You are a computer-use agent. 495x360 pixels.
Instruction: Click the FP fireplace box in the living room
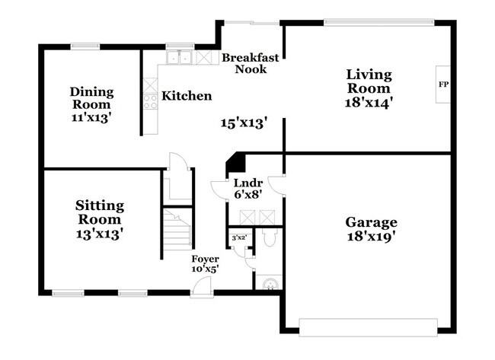tap(442, 84)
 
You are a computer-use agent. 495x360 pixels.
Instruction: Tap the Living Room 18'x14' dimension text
tap(369, 101)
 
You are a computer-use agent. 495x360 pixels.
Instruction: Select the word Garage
tap(372, 222)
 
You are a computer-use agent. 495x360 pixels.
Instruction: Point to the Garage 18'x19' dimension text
tap(372, 236)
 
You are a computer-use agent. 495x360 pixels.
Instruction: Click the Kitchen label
tap(187, 97)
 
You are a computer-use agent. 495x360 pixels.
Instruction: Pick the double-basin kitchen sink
tap(180, 57)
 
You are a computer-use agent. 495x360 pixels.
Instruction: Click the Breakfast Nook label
tap(250, 63)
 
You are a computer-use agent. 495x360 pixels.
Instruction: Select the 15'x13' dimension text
tap(244, 122)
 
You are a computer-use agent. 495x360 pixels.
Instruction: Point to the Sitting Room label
tap(100, 212)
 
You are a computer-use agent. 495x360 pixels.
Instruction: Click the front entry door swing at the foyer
tap(201, 285)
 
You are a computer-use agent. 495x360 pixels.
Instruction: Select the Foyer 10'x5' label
tap(205, 263)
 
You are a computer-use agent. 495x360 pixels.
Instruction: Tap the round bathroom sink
tap(267, 285)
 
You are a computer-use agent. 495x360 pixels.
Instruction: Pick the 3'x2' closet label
tap(239, 238)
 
